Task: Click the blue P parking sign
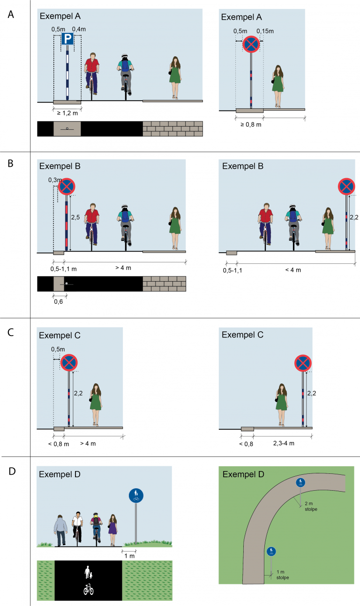point(67,39)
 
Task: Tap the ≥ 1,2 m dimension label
point(67,113)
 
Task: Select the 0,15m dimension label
point(265,31)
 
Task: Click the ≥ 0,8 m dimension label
point(251,125)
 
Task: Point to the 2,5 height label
point(75,217)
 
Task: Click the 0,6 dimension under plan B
point(58,302)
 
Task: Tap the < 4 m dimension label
point(293,270)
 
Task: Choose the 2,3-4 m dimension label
point(284,443)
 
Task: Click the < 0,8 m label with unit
point(59,444)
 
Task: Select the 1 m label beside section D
point(129,556)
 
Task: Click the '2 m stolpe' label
point(311,506)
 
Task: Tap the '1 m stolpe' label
point(283,575)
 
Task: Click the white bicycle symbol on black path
point(89,589)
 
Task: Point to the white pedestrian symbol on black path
point(88,572)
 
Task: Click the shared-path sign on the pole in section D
point(136,495)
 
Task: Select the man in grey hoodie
point(60,530)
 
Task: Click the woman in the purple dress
point(112,530)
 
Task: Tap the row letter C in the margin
point(11,332)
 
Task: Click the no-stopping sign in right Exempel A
point(251,44)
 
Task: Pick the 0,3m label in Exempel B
point(55,180)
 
